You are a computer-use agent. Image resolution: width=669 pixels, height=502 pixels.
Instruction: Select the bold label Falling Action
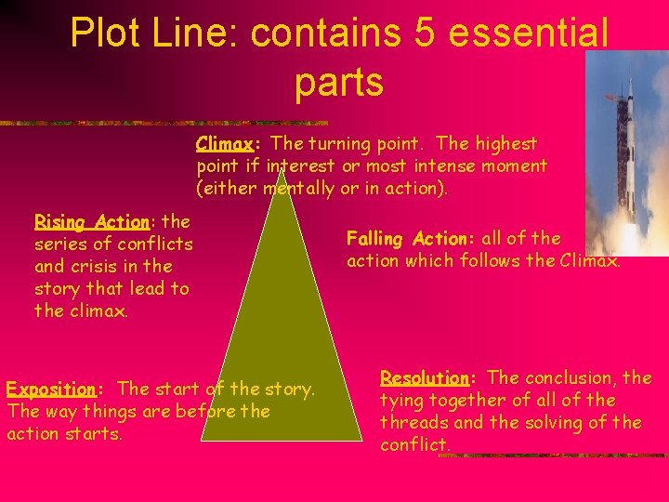pos(399,239)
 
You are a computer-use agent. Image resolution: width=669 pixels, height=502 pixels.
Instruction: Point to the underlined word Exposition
pos(52,389)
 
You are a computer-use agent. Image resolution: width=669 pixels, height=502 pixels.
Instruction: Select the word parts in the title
pos(339,83)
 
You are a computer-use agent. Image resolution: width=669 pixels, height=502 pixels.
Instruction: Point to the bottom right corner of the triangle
pos(361,440)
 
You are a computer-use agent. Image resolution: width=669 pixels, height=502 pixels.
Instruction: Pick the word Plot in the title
pos(103,34)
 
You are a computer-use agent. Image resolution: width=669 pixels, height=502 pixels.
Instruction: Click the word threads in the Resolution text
pos(412,422)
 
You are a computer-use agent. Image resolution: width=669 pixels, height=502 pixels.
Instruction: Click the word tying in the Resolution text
pos(401,400)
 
